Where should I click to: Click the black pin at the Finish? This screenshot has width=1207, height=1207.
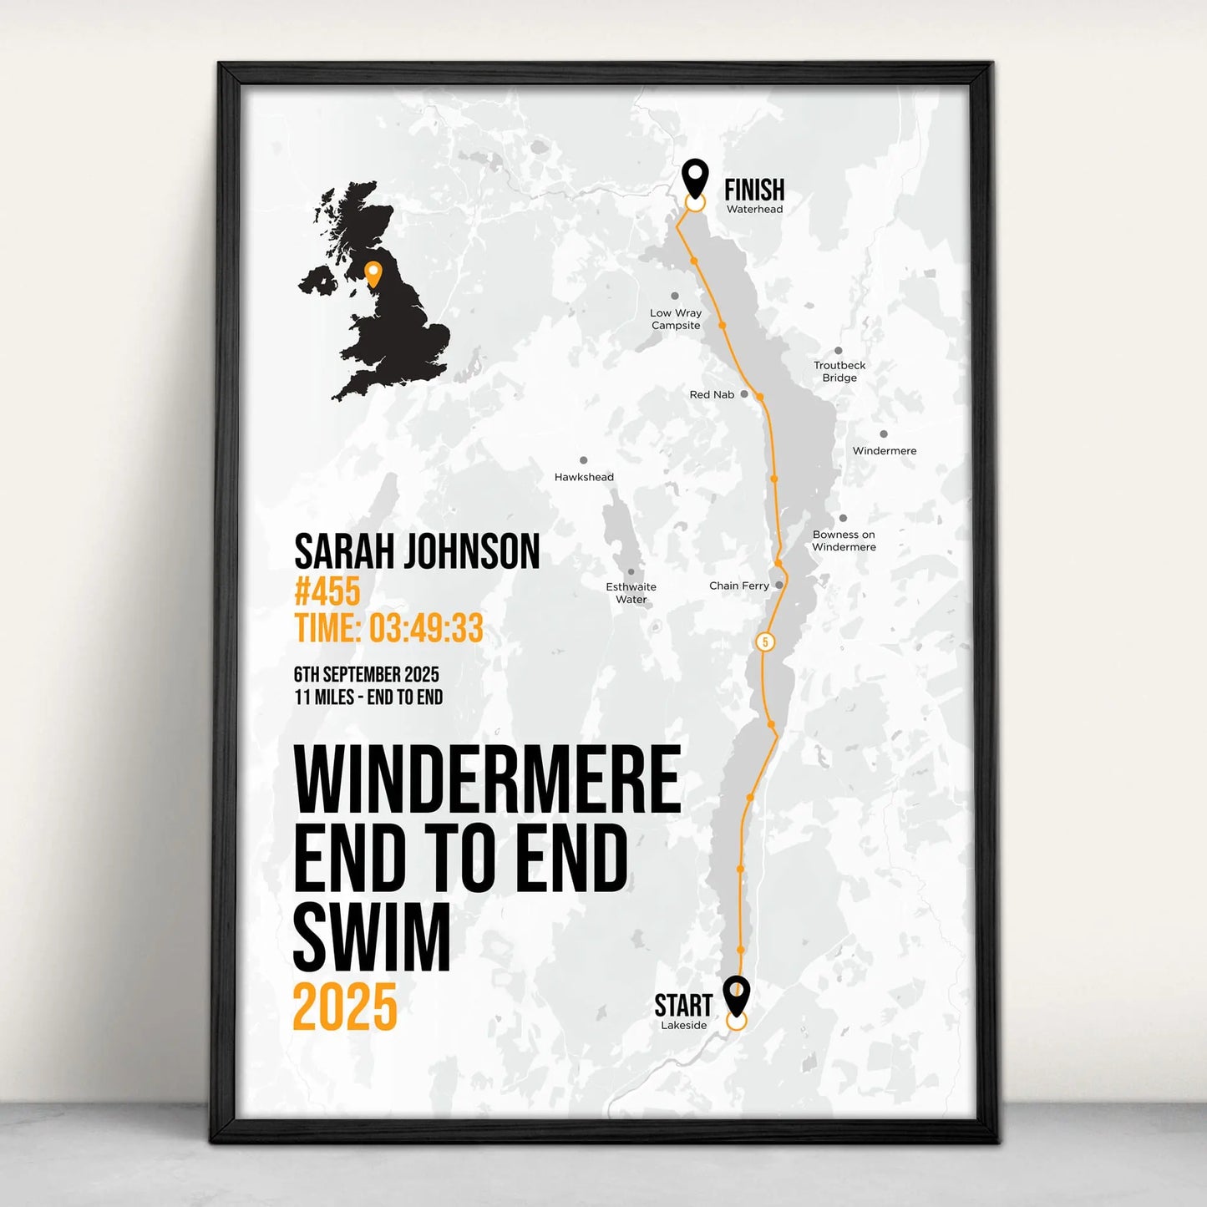click(x=695, y=177)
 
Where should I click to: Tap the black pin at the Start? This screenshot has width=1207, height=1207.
click(x=736, y=994)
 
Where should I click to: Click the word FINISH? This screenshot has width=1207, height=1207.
click(x=753, y=190)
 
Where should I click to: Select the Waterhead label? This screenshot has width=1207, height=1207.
click(x=754, y=210)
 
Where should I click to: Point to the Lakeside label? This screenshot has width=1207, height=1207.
click(x=683, y=1026)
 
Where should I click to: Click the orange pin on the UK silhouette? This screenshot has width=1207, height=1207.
click(x=373, y=272)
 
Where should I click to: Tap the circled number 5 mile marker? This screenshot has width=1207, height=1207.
click(x=764, y=642)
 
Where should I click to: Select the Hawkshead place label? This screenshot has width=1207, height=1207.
click(x=584, y=477)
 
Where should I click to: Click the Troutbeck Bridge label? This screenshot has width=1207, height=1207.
click(x=839, y=372)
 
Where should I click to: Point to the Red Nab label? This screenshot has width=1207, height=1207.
click(x=712, y=394)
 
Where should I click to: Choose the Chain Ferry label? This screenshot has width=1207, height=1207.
click(x=738, y=586)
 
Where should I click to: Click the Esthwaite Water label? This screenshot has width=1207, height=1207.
click(x=631, y=593)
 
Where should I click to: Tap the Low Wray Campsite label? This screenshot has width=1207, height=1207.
click(x=676, y=319)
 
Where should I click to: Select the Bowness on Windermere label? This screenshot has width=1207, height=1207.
click(x=844, y=540)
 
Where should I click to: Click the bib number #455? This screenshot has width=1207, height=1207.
click(x=327, y=591)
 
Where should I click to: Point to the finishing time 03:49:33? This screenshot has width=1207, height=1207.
click(x=426, y=628)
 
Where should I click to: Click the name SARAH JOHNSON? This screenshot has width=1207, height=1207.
click(x=417, y=552)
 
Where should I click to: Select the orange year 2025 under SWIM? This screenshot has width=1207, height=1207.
click(x=344, y=1007)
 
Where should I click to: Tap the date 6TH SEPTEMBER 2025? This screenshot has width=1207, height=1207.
click(x=366, y=674)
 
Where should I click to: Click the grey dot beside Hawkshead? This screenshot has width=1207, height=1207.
click(x=583, y=460)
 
